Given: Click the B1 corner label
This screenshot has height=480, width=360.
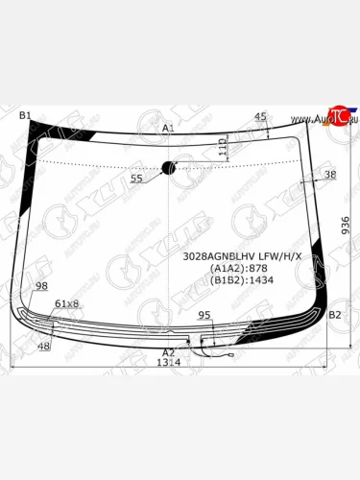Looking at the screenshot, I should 26,116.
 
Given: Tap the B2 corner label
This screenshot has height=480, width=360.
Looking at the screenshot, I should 334,315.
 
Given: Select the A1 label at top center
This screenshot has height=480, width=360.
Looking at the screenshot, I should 168,128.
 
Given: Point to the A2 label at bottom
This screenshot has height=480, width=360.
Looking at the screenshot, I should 168,352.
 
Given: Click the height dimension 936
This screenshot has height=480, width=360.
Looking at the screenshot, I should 346,226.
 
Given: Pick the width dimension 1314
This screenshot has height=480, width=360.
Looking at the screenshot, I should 169,363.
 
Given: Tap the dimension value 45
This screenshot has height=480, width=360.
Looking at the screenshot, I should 260,116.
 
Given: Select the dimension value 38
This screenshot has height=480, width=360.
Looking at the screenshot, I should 330,174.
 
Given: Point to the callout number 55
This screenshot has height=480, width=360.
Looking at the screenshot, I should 136,179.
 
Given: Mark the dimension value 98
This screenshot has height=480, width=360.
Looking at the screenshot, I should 41,286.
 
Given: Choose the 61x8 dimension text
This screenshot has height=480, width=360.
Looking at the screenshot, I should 66,303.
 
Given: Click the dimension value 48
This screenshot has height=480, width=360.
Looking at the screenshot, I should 44,346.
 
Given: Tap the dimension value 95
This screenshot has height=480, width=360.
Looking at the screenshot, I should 204,315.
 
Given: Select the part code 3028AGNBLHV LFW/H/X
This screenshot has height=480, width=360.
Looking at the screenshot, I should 242,255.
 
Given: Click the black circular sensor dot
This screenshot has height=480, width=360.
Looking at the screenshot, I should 170,168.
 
